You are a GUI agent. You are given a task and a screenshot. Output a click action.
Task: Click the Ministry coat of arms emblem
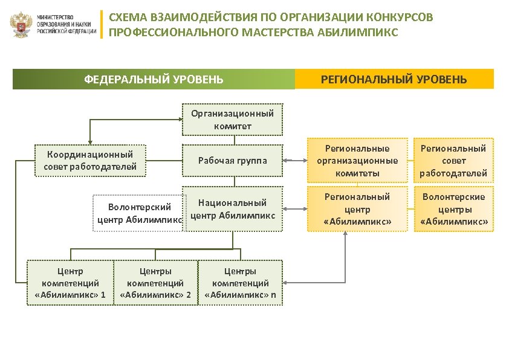(22, 25)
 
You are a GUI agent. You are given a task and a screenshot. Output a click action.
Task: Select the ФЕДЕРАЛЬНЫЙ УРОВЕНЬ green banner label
(154, 79)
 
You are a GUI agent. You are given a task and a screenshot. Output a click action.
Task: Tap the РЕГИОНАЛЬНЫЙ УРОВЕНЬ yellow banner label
(394, 79)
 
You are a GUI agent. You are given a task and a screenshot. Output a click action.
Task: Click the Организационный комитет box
(232, 119)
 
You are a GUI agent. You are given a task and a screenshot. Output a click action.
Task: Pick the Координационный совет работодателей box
(90, 160)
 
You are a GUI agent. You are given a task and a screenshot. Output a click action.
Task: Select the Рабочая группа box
(232, 161)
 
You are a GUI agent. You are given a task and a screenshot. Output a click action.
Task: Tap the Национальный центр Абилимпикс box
(233, 209)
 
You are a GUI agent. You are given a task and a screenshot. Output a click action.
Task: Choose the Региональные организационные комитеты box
(357, 161)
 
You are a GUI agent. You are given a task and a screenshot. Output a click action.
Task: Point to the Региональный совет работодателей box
(453, 161)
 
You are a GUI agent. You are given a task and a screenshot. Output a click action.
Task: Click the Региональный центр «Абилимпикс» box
(357, 209)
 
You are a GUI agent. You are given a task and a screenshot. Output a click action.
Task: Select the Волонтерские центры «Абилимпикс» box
(453, 209)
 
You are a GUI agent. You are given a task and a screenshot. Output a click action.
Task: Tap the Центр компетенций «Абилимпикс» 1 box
(70, 283)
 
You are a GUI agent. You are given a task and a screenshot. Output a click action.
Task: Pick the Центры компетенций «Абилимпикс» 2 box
(155, 283)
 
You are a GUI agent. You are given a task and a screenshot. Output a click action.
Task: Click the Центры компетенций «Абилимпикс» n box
(240, 283)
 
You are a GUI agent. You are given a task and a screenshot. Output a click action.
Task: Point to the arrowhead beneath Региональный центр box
(345, 234)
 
